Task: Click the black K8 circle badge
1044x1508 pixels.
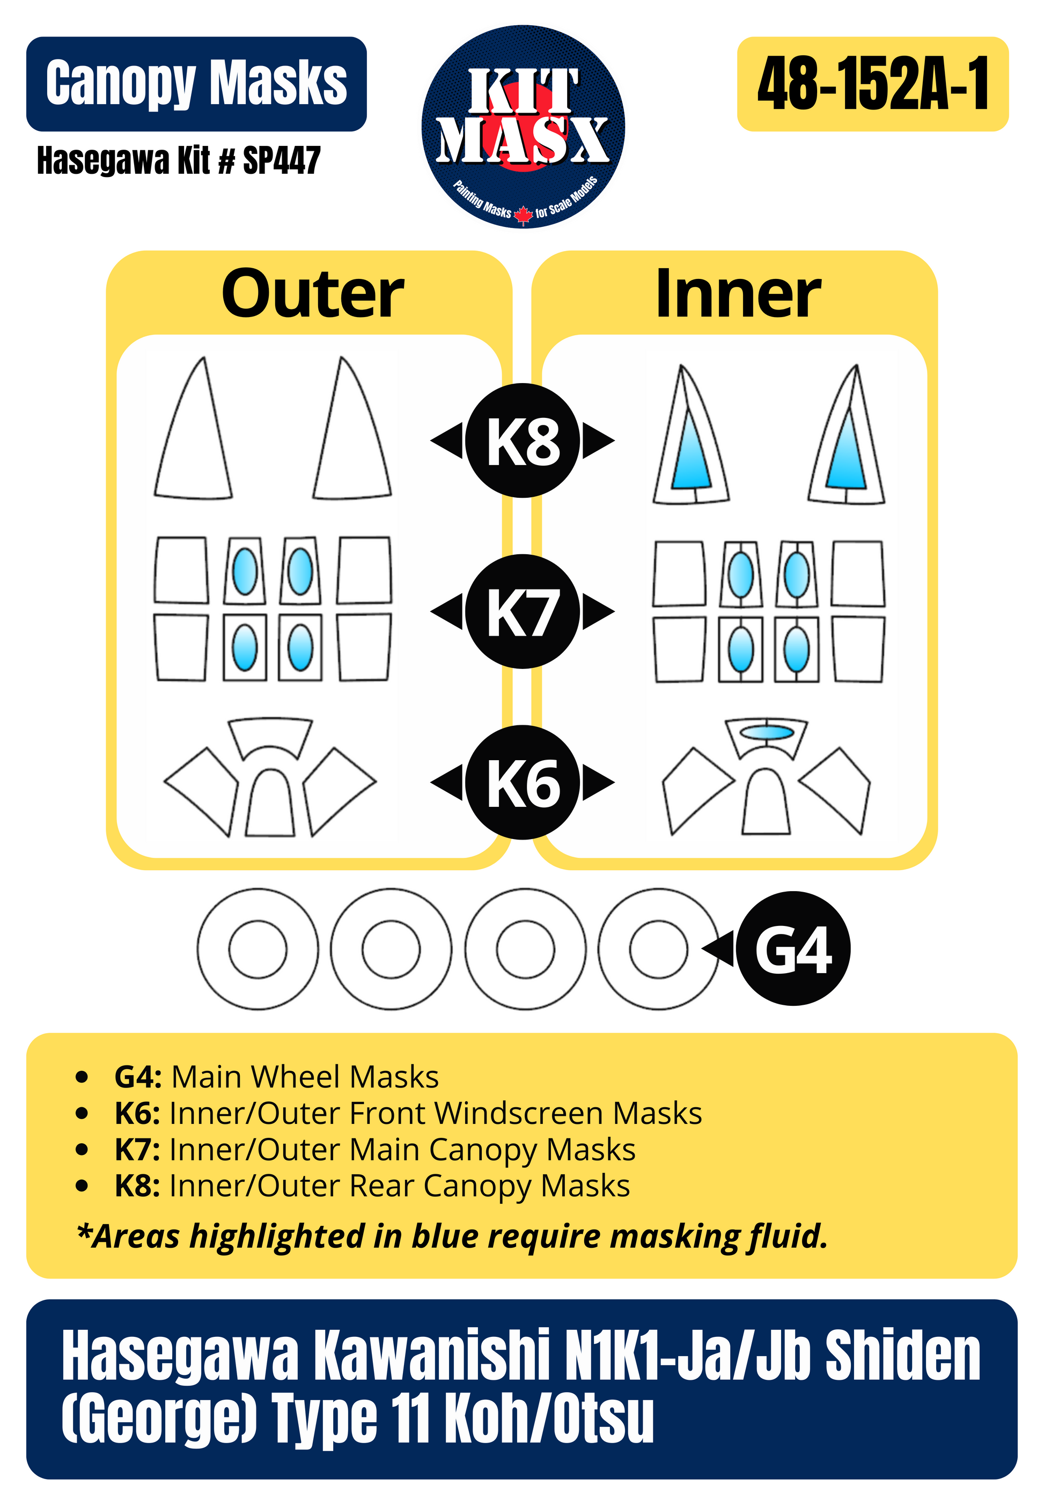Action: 522,440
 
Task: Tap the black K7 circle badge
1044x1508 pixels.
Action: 522,612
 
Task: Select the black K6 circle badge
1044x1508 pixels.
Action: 522,782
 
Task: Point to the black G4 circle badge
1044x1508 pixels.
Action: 792,949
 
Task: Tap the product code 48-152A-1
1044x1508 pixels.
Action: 873,84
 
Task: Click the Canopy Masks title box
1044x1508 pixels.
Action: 196,84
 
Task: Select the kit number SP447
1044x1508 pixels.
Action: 281,160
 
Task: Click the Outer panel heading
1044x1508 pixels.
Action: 312,295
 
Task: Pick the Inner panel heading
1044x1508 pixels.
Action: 737,295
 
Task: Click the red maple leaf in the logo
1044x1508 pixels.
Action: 523,215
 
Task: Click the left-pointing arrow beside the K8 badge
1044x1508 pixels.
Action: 447,440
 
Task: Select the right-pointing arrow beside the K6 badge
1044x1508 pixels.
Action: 598,782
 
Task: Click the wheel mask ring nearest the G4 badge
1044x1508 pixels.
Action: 659,949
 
